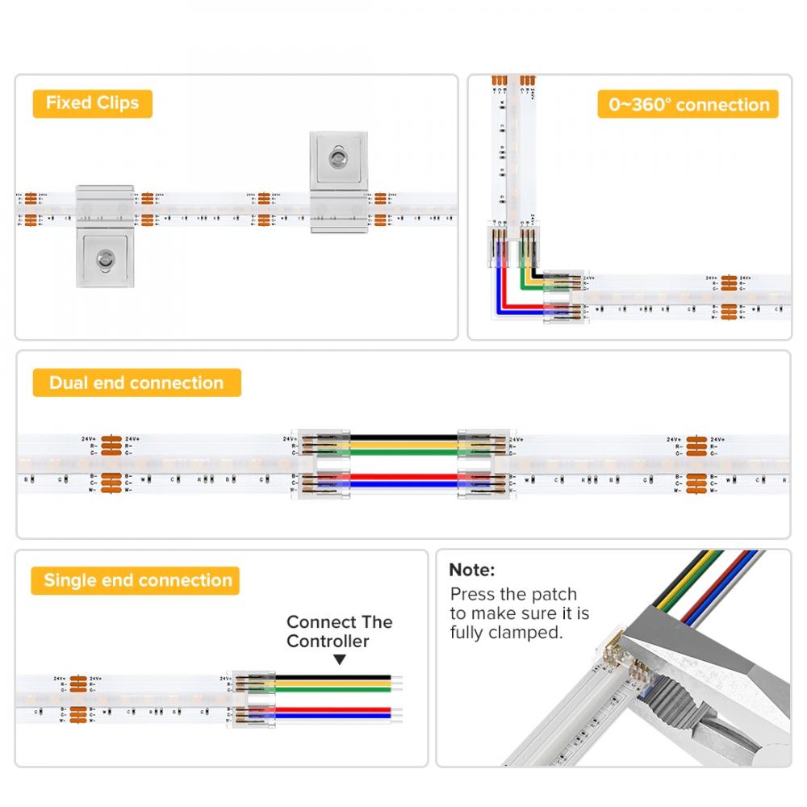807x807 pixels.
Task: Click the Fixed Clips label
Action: [92, 103]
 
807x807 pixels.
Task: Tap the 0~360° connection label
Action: [688, 105]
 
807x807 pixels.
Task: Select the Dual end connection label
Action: [136, 383]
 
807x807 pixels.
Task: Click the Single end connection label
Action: [137, 580]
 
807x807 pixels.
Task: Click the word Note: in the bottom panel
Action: [472, 571]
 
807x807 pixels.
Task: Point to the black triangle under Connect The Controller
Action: [340, 660]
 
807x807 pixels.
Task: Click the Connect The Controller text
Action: [340, 632]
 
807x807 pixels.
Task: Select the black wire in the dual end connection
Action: [403, 437]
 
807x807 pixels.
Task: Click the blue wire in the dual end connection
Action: [403, 486]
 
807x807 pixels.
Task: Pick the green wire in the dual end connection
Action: [403, 453]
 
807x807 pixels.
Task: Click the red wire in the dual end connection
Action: [403, 478]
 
